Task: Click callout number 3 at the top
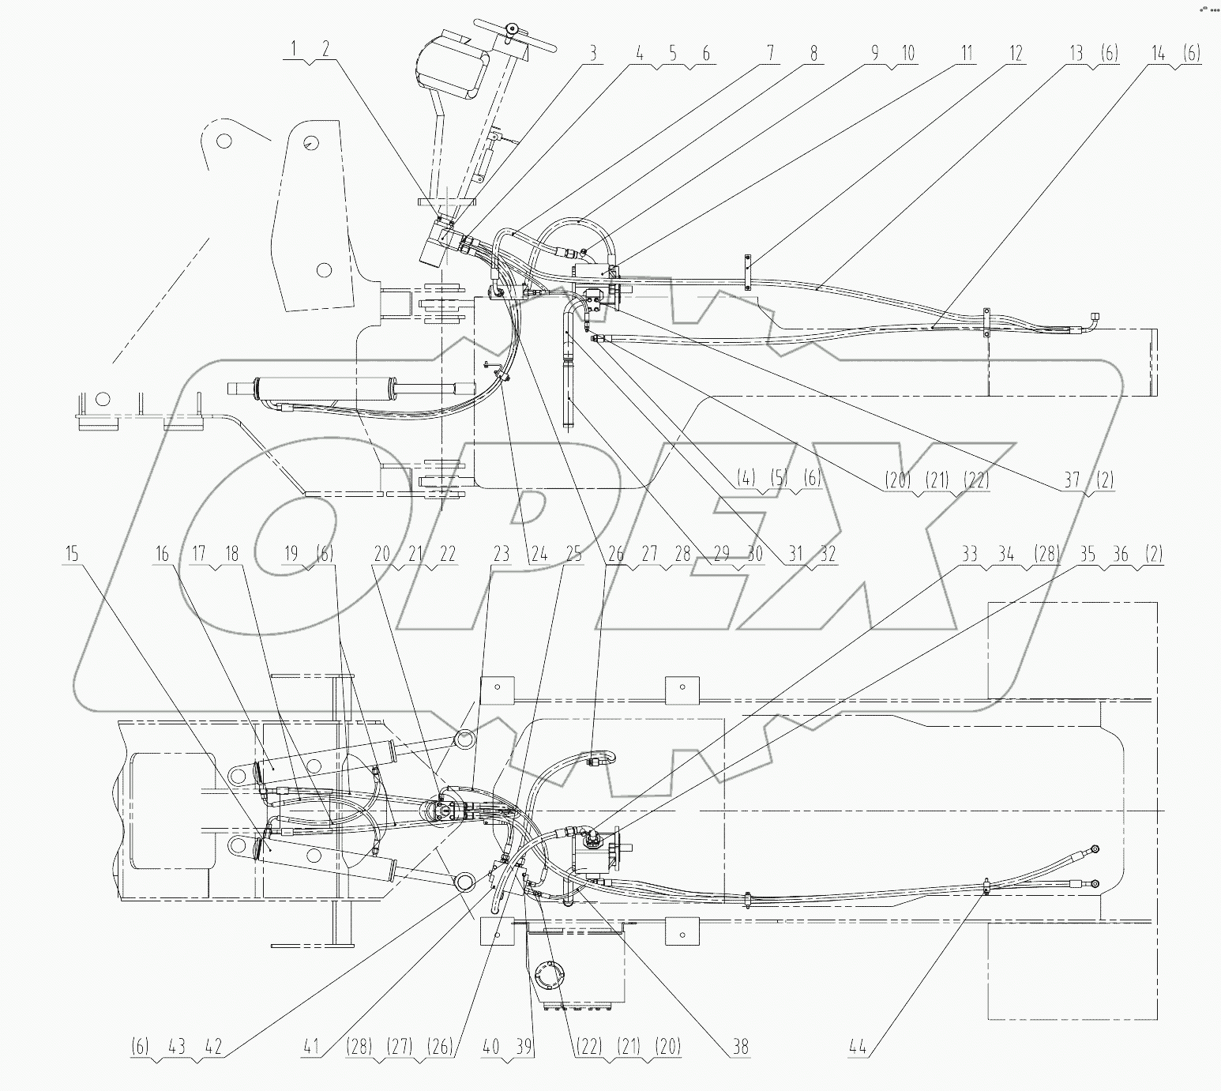[592, 54]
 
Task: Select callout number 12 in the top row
[1016, 54]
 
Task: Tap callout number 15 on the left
[72, 554]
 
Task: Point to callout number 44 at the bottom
[858, 1048]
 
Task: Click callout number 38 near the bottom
[740, 1048]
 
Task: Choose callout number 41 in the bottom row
[311, 1048]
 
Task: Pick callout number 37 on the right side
[1072, 480]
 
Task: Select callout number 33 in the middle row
[968, 554]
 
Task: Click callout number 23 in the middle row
[502, 554]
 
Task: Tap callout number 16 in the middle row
[162, 554]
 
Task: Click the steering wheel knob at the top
[513, 29]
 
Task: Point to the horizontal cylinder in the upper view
[332, 388]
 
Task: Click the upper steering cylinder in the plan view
[324, 762]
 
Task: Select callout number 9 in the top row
[874, 54]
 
